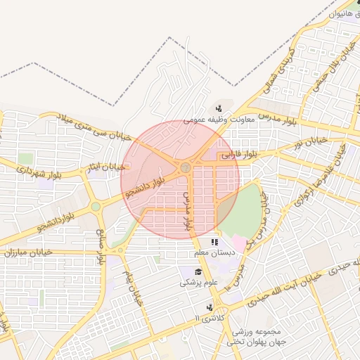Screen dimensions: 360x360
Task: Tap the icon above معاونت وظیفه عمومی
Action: click(220, 108)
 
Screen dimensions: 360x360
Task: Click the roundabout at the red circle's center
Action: click(184, 167)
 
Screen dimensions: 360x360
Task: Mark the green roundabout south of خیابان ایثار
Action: click(95, 207)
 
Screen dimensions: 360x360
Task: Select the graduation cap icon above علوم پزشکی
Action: click(199, 271)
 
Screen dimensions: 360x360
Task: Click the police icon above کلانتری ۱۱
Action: click(210, 307)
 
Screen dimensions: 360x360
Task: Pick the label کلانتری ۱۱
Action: click(206, 319)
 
